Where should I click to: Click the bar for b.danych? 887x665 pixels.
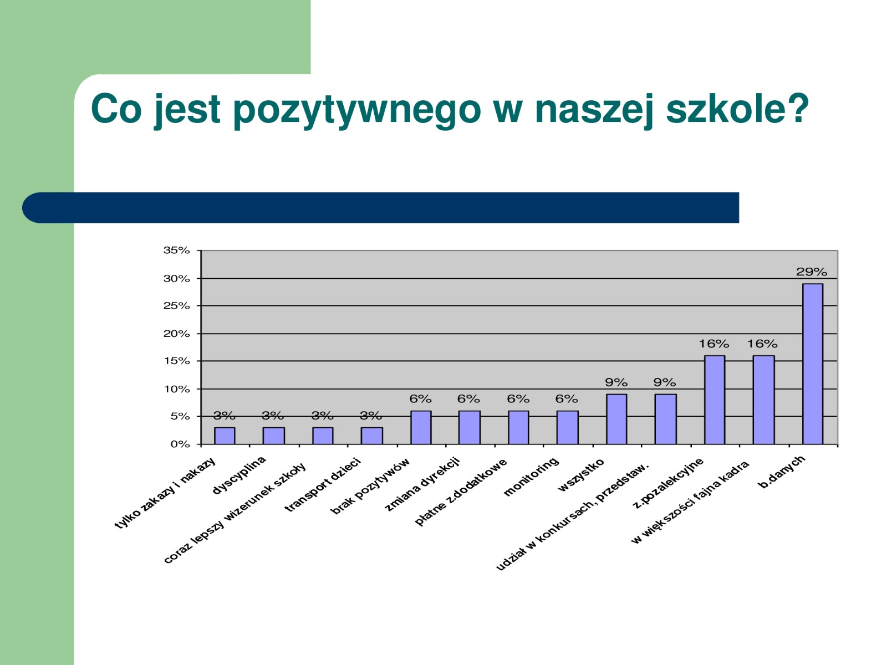812,364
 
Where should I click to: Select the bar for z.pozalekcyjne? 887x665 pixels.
715,400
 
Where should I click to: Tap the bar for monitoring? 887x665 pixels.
567,428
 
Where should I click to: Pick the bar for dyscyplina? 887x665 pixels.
273,436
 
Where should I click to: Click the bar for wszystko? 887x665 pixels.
616,419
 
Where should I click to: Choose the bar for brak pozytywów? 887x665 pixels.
421,428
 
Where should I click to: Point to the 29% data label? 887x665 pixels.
812,272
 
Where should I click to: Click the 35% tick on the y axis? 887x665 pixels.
177,250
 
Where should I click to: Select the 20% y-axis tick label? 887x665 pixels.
177,334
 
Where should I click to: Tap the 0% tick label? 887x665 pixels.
180,444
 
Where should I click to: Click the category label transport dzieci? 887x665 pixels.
323,485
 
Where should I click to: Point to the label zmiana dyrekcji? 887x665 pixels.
422,484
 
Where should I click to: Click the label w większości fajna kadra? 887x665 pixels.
690,502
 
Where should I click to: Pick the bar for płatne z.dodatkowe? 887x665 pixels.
518,428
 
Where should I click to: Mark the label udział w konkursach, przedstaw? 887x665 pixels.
572,517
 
